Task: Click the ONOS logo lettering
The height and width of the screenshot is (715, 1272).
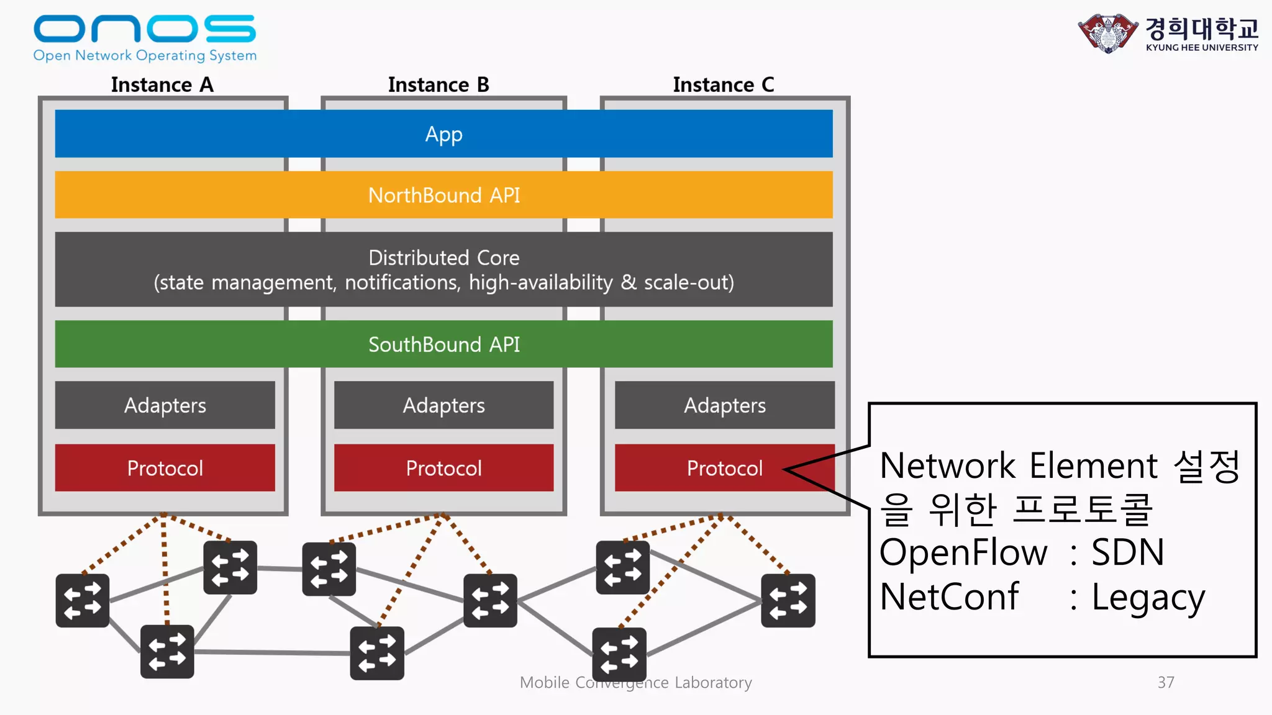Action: point(144,29)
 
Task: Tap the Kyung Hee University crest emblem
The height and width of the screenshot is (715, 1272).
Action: point(1108,33)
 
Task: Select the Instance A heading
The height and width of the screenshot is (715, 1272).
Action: point(162,84)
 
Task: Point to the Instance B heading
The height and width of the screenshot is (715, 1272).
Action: point(438,84)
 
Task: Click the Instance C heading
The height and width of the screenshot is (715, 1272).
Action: point(724,84)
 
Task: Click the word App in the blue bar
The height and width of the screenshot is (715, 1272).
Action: point(443,134)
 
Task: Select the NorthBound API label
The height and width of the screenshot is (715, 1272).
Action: point(443,196)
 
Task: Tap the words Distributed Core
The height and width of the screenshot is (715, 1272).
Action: point(443,258)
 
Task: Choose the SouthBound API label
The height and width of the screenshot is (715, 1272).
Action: point(443,344)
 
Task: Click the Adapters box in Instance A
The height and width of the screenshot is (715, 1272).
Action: point(165,405)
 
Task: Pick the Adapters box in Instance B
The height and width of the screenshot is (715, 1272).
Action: point(443,405)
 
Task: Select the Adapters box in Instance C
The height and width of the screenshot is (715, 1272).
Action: point(724,405)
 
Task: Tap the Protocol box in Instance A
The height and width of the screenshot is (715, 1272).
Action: point(165,468)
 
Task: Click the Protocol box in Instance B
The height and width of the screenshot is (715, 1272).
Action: point(443,468)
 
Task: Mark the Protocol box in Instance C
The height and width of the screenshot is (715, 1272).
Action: point(724,468)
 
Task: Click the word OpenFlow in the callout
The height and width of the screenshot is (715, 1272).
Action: point(963,552)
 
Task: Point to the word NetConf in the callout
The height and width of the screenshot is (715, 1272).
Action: point(949,597)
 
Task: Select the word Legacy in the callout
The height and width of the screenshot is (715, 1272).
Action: point(1148,598)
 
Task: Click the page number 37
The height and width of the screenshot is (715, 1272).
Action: point(1166,683)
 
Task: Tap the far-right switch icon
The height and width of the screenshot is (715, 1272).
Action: point(788,600)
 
